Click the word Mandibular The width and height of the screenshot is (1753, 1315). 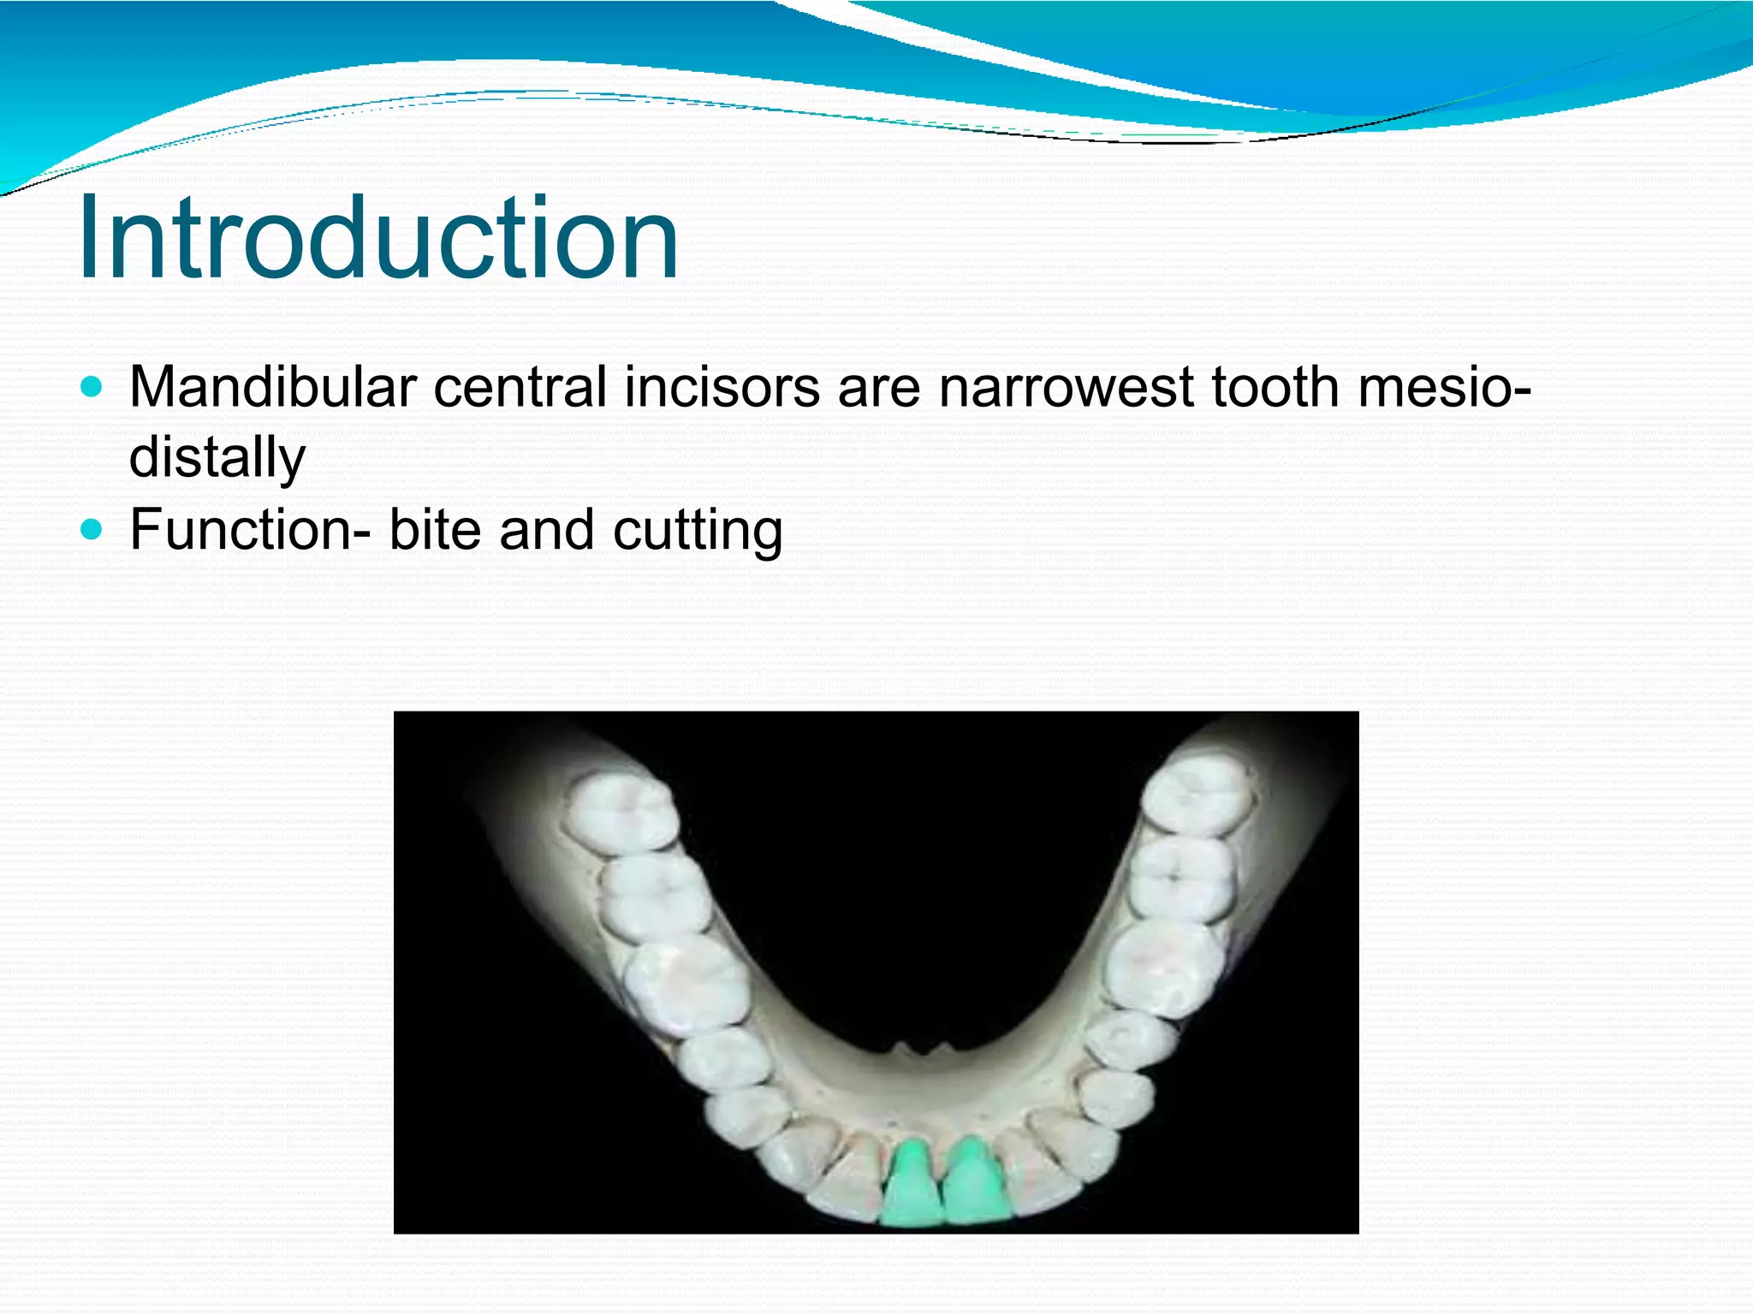coord(272,387)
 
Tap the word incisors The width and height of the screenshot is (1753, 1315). coord(722,387)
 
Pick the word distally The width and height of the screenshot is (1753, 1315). coord(217,457)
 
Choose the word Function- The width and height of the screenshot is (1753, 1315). coord(250,529)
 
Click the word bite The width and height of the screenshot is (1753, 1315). coord(435,529)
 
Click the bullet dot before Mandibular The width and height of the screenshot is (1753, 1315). coord(91,387)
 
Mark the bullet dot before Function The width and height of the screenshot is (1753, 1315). coord(91,529)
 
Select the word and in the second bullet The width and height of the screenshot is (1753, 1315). coord(546,529)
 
